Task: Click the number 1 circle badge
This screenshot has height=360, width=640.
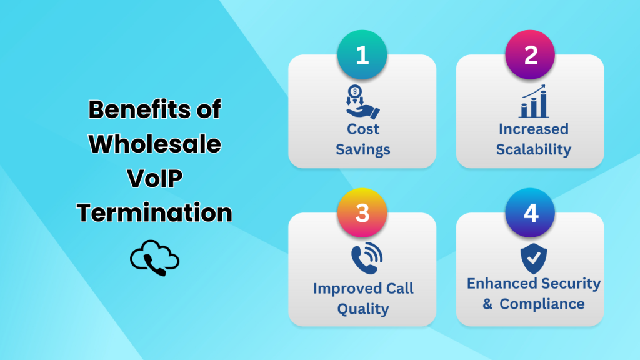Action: coord(362,55)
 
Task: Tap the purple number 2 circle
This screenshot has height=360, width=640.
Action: coord(531,55)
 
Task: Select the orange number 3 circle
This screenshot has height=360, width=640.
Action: coord(362,213)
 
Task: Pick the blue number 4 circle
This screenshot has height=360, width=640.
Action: coord(531,213)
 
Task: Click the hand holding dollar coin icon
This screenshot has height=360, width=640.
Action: coord(363,102)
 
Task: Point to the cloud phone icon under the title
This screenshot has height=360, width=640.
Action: coord(154,259)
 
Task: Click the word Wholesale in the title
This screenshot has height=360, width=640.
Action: coord(154,144)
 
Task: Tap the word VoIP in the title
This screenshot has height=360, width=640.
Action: coord(154,179)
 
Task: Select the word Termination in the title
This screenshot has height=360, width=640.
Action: coord(154,213)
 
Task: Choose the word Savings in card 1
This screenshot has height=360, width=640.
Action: coord(363,149)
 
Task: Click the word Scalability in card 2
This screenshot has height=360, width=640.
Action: coord(534,149)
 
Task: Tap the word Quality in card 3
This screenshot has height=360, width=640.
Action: coord(363,309)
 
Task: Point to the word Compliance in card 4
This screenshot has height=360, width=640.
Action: coord(542,304)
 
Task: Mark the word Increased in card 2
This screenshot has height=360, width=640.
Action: coord(534,129)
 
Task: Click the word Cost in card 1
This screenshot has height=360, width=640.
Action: coord(363,129)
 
